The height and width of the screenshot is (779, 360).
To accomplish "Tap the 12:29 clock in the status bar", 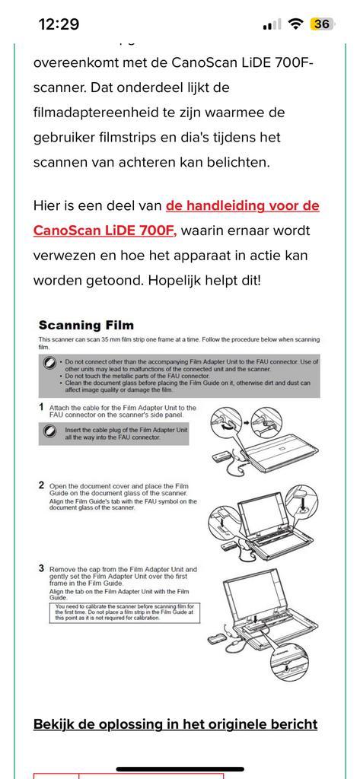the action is coord(59,24).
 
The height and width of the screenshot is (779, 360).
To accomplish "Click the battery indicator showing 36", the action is coord(321,24).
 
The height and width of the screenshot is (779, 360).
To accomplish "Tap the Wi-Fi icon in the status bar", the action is coord(295,24).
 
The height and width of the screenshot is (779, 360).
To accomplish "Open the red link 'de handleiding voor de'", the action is coord(242,205).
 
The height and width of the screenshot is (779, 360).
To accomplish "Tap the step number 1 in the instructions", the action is coord(41,408).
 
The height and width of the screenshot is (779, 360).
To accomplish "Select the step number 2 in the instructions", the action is coord(41,485).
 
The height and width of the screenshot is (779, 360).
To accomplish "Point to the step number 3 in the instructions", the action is coord(41,568).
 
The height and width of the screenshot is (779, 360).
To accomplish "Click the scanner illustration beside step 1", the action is coord(263,437).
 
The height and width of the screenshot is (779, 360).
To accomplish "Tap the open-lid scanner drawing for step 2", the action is coord(260,519).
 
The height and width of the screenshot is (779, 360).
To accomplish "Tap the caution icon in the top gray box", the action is coord(49,363).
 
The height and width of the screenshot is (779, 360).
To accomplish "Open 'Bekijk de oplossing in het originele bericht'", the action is coord(175,723).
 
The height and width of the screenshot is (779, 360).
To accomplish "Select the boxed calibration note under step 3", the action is coord(124,612).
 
